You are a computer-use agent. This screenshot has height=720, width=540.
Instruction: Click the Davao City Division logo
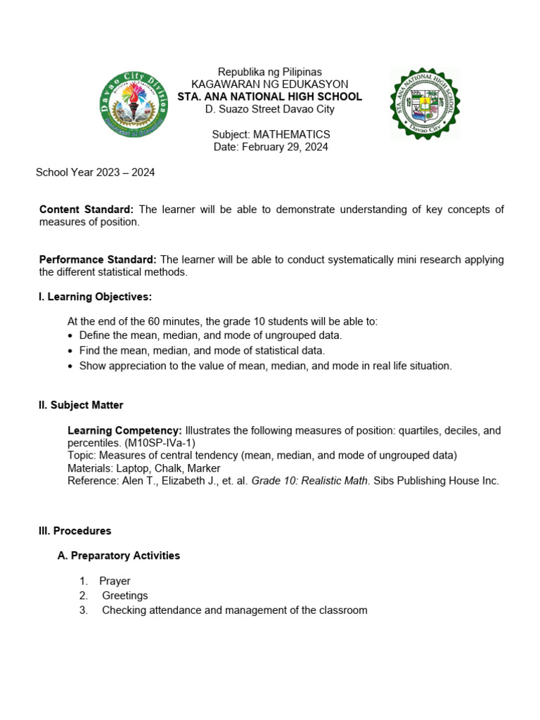pos(134,105)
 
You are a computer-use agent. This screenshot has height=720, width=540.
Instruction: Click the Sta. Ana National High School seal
pos(425,104)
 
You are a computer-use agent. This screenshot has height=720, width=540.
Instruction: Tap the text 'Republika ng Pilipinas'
pos(269,72)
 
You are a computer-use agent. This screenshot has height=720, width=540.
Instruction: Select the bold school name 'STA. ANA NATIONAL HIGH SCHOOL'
pos(269,96)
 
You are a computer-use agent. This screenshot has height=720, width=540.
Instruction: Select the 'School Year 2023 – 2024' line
pos(96,172)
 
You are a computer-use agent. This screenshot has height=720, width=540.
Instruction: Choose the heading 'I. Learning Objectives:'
pos(95,297)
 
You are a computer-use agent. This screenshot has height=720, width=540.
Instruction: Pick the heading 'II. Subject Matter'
pos(81,405)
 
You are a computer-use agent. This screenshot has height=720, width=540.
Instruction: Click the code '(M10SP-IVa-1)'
pos(161,443)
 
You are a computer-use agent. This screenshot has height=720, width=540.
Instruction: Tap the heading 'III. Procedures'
pos(75,531)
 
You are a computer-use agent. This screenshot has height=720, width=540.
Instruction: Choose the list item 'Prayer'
pos(115,581)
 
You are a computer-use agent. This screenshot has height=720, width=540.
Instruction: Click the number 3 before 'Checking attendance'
pos(84,610)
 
